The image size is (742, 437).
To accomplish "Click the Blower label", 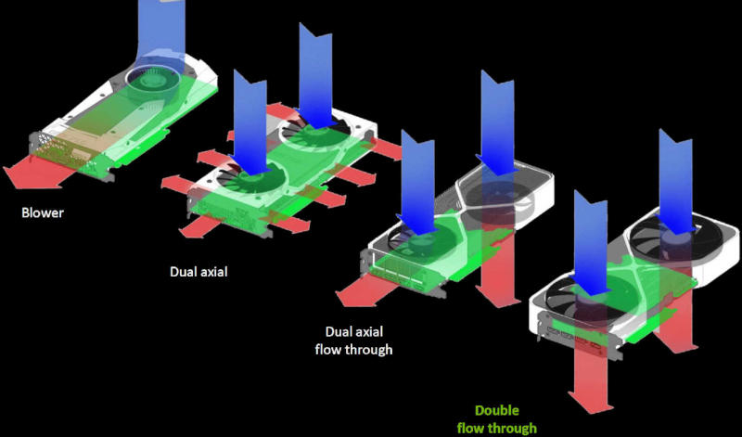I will point(43,212).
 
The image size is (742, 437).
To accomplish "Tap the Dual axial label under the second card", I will point(198,273).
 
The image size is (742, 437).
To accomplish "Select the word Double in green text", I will point(496,410).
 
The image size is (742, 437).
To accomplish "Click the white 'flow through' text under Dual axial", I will point(358,350).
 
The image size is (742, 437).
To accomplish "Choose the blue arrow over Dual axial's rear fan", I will point(315,74).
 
